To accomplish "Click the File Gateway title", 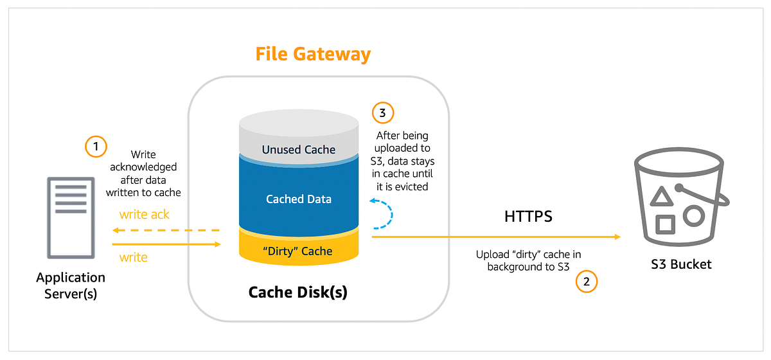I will pyautogui.click(x=313, y=53).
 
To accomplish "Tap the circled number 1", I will pyautogui.click(x=96, y=147).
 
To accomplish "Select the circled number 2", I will pyautogui.click(x=586, y=281).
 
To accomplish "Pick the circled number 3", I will pyautogui.click(x=383, y=113).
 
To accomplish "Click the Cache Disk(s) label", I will pyautogui.click(x=298, y=292).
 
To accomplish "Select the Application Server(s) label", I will pyautogui.click(x=71, y=285).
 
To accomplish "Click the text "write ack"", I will pyautogui.click(x=144, y=215).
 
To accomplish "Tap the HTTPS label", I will pyautogui.click(x=528, y=217).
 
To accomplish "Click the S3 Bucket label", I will pyautogui.click(x=680, y=264).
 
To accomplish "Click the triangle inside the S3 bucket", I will pyautogui.click(x=662, y=195).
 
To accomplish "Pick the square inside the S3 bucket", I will pyautogui.click(x=665, y=224).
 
